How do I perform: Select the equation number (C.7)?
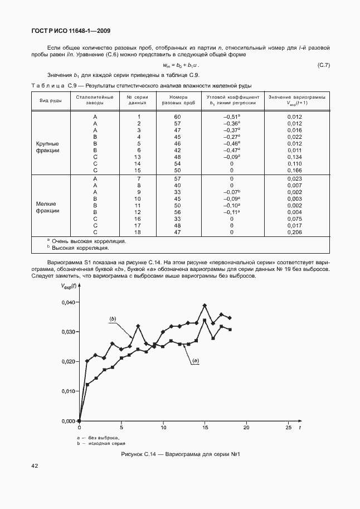(x=323, y=65)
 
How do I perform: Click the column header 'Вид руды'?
(x=50, y=100)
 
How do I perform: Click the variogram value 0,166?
(x=294, y=170)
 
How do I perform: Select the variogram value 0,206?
(x=294, y=231)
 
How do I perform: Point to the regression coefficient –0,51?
(x=231, y=116)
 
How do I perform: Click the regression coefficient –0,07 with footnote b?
(x=231, y=192)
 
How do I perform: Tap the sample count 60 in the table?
(x=178, y=116)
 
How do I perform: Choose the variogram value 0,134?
(x=294, y=157)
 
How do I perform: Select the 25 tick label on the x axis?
(x=288, y=428)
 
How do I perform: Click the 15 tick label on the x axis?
(x=205, y=428)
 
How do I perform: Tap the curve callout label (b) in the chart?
(x=113, y=318)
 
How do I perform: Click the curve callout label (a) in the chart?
(x=196, y=361)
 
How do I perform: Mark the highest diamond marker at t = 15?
(x=205, y=306)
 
